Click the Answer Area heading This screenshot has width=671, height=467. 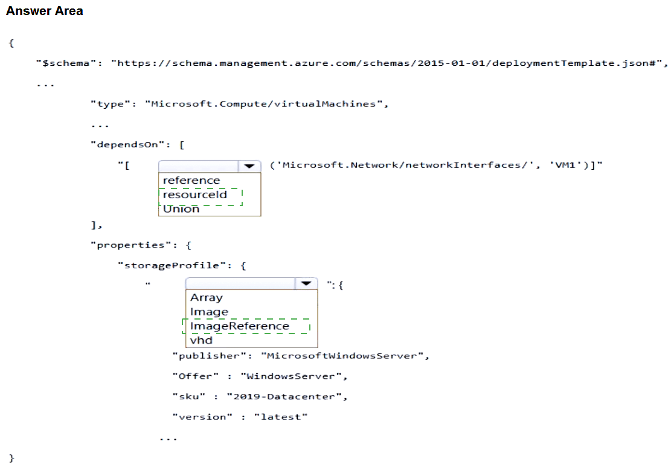pos(45,11)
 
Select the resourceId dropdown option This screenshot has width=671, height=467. pos(194,195)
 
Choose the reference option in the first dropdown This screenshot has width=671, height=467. pos(191,181)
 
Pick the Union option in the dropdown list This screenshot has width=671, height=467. pos(181,209)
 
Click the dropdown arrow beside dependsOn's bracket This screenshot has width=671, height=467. pos(249,166)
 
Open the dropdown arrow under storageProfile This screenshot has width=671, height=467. pos(306,283)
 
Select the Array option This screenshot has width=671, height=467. pos(207,297)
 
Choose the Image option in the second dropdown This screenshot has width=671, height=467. pos(209,312)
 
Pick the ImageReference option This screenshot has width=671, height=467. pos(240,326)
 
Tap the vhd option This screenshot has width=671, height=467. pos(201,340)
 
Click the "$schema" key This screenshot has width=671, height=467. pos(66,63)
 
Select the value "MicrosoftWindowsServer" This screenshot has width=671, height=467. pos(342,356)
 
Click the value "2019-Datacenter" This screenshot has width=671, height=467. pos(284,396)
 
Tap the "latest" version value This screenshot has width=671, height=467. pos(281,417)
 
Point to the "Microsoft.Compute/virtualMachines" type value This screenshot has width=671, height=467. pos(263,104)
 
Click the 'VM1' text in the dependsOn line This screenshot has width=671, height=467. pos(565,165)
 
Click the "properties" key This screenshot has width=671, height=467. pos(131,245)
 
